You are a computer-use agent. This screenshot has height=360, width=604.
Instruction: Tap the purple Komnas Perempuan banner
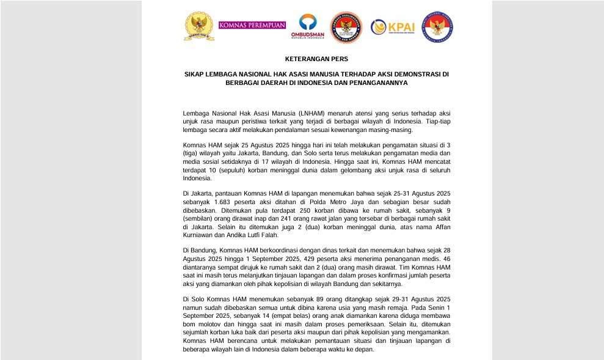252,26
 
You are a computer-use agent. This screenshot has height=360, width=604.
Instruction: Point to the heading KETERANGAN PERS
316,59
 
